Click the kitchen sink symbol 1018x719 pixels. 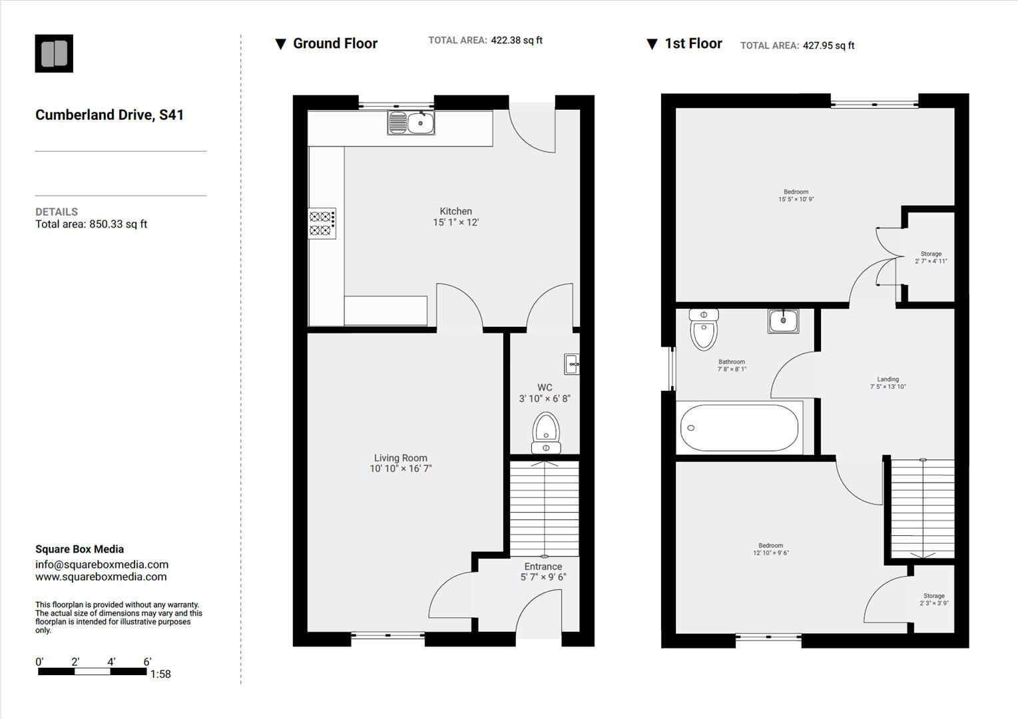411,123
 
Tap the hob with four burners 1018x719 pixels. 322,224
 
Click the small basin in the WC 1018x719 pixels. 571,364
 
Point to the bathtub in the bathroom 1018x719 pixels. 739,428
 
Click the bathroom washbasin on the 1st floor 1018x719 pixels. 783,321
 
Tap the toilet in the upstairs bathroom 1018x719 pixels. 704,330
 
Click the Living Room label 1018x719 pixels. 400,458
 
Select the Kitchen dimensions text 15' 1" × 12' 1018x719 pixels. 456,222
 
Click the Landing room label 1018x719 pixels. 888,379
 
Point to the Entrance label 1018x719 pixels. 543,567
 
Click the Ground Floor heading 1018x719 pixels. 335,44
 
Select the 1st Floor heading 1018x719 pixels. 693,44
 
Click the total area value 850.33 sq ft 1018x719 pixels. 118,224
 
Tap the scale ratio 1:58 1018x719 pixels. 160,674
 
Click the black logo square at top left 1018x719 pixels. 54,54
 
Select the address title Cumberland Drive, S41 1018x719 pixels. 109,115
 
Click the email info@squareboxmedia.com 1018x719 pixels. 101,565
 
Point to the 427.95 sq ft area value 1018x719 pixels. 828,46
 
